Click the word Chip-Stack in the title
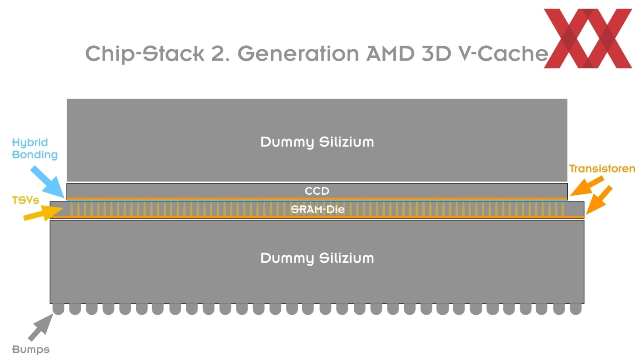coord(144,54)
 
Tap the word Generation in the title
coord(298,54)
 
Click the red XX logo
coord(588,38)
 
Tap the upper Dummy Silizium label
coord(317,142)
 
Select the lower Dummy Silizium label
coord(317,258)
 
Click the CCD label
coord(317,191)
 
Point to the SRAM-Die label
coord(317,209)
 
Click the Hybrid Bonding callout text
coord(34,149)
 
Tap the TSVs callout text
coord(25,200)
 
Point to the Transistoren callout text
coord(602,169)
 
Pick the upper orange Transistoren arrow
coord(587,186)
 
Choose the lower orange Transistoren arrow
coord(599,199)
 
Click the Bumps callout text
coord(31,349)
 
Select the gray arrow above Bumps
coord(41,327)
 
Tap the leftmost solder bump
coord(59,309)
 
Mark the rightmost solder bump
coord(575,309)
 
